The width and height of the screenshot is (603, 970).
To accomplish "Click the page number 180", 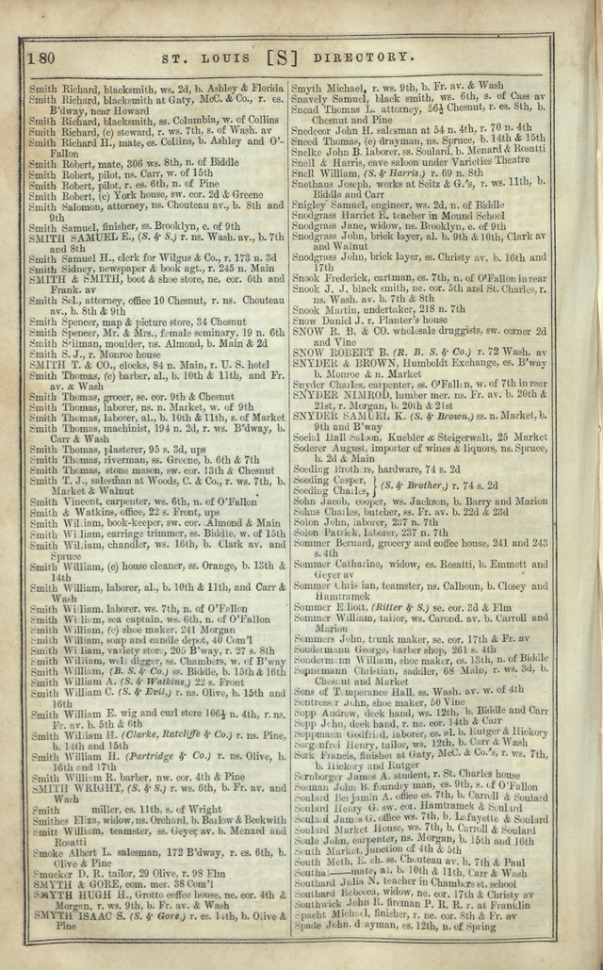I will pos(40,58).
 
